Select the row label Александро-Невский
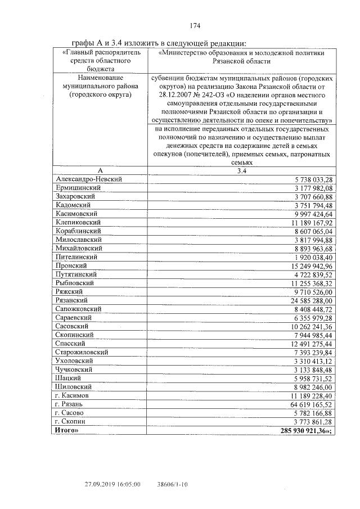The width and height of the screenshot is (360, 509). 89,179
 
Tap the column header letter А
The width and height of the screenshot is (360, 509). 100,170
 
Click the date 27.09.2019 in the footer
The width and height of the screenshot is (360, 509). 102,483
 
